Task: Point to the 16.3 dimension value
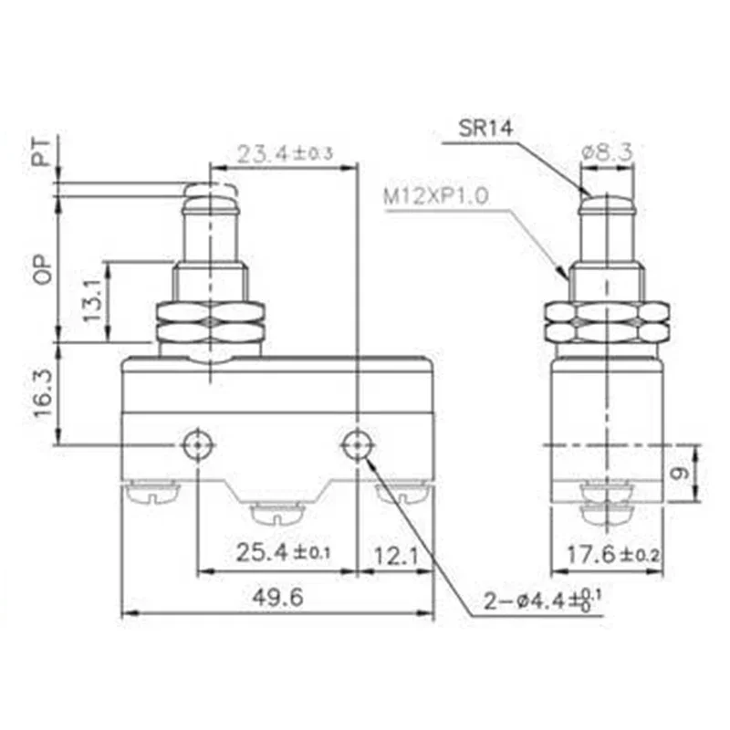[40, 393]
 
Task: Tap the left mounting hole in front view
[196, 445]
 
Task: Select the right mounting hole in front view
[356, 445]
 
